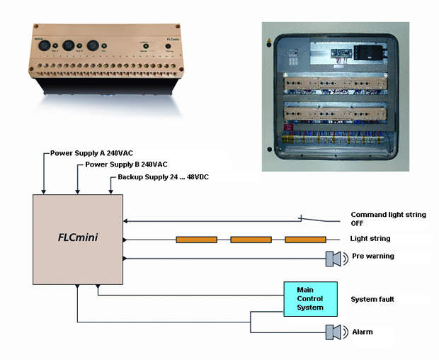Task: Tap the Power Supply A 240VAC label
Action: click(91, 153)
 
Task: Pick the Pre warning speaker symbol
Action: click(332, 259)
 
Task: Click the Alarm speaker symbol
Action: click(332, 332)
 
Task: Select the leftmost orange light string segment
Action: click(196, 240)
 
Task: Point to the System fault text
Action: click(372, 299)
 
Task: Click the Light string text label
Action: click(370, 239)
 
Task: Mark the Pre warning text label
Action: click(372, 256)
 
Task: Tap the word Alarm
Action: click(363, 331)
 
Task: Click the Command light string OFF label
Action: click(388, 218)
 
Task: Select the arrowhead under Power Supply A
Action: click(44, 191)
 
